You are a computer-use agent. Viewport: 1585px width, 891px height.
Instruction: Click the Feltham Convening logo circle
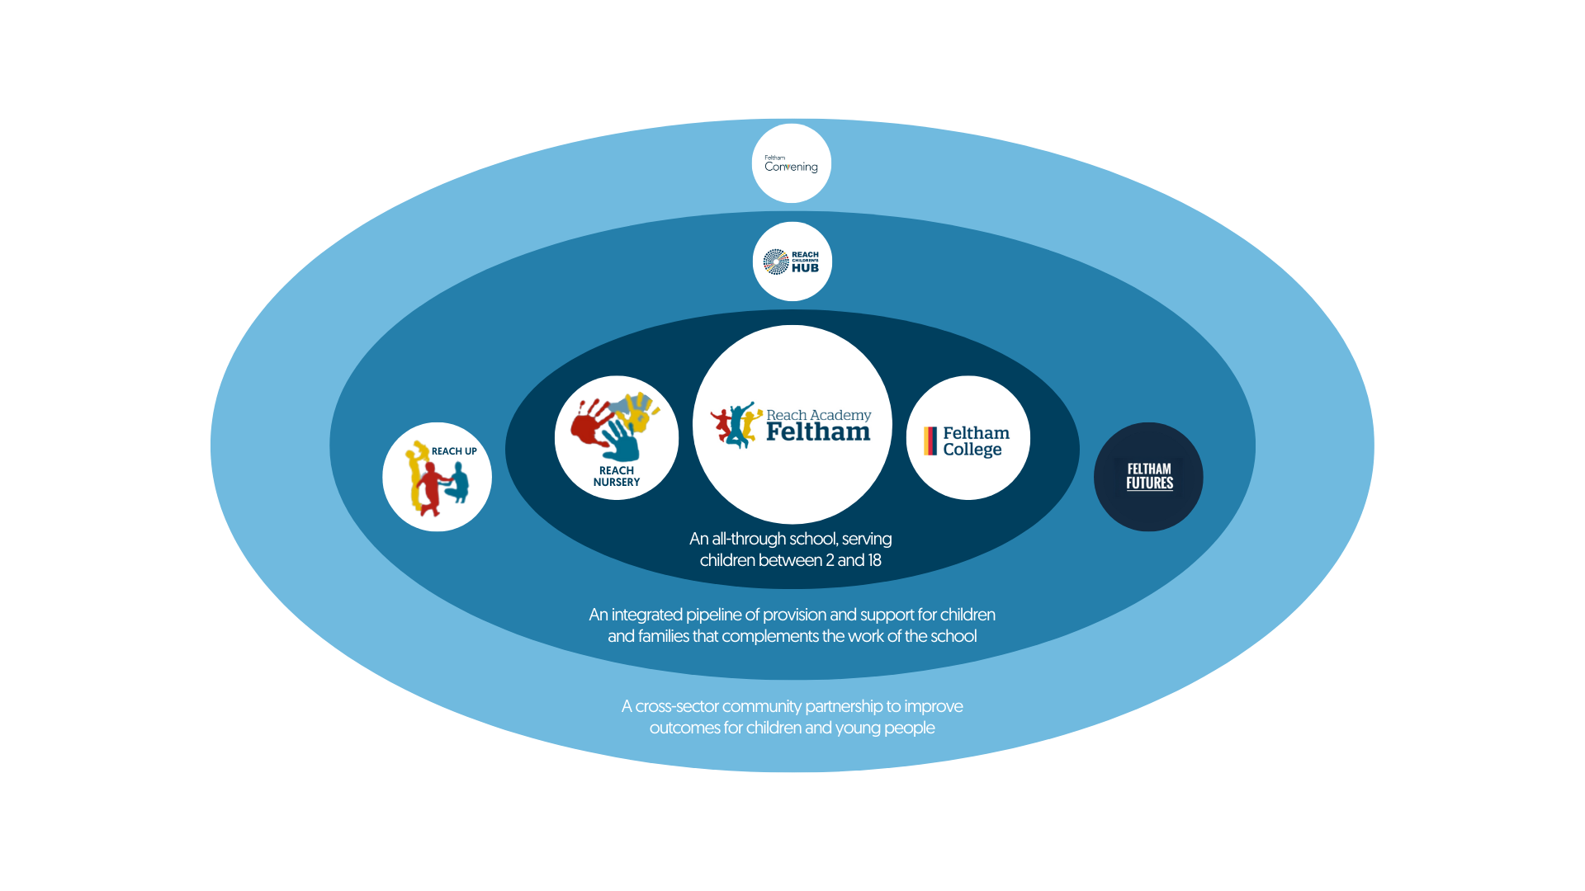(791, 163)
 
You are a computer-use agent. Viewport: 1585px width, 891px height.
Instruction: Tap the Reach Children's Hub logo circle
(792, 262)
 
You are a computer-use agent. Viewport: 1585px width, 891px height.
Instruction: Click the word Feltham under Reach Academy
(817, 432)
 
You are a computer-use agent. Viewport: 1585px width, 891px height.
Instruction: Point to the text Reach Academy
(818, 415)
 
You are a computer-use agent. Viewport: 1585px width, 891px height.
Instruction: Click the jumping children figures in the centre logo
(736, 425)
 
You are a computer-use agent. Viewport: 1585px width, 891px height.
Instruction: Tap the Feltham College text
(976, 441)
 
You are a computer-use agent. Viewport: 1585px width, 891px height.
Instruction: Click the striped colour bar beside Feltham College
(930, 441)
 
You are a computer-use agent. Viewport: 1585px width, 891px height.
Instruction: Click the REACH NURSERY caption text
(617, 477)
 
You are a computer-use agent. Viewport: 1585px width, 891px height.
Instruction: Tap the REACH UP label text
(454, 451)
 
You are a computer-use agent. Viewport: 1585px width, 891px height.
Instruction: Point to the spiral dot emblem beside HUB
(776, 262)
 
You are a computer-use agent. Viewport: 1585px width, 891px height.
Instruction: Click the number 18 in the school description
(873, 560)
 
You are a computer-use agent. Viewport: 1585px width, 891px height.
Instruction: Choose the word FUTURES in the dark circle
(1149, 483)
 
